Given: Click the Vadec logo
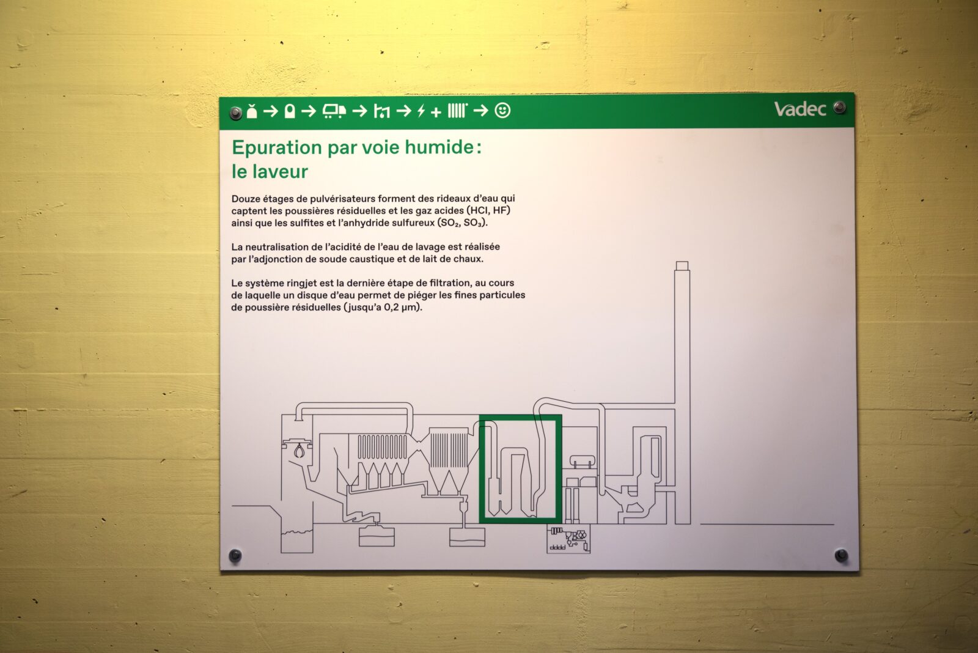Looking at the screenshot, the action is tap(800, 109).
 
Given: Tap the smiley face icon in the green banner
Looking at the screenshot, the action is tap(502, 111).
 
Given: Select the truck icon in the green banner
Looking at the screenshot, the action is tap(334, 111).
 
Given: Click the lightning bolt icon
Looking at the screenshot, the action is tap(421, 111).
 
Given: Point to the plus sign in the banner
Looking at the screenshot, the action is tap(436, 113).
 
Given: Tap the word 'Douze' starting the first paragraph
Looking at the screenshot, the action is tap(245, 199).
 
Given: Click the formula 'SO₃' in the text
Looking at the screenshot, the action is tap(473, 223).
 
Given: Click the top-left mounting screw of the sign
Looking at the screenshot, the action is tap(235, 113).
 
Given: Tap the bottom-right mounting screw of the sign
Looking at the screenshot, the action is tap(841, 555).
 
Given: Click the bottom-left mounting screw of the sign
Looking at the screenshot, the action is tap(235, 556).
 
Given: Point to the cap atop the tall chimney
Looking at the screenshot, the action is tap(682, 265).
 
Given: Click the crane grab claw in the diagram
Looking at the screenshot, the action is tap(299, 451).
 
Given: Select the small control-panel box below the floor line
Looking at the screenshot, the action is tap(568, 539).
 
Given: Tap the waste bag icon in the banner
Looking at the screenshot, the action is tap(252, 111).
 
